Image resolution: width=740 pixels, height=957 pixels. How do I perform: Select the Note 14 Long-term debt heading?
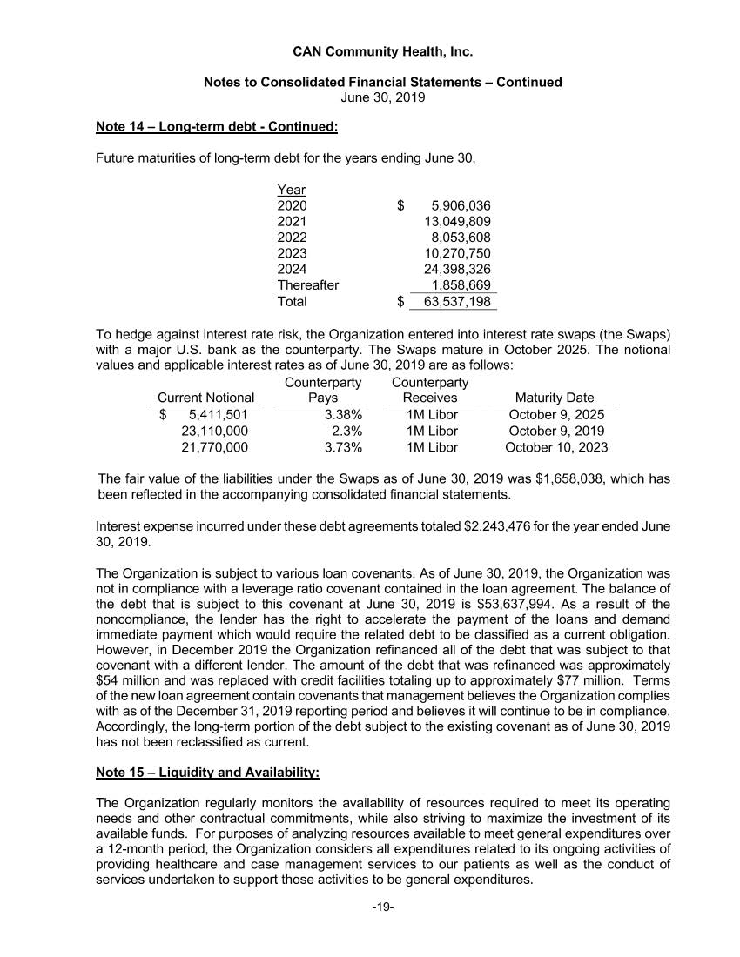point(217,127)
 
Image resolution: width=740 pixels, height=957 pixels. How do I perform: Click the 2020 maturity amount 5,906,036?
point(461,206)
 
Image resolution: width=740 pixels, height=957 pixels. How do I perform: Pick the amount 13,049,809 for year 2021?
point(456,222)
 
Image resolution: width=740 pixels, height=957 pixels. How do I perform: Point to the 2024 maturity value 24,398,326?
point(456,270)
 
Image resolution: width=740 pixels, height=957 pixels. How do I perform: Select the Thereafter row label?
point(308,285)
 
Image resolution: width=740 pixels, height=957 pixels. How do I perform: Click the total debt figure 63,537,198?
point(456,302)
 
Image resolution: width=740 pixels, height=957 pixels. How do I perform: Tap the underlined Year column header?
point(291,190)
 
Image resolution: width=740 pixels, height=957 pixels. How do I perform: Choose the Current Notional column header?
point(205,398)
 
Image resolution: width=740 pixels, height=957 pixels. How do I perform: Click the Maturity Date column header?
point(555,398)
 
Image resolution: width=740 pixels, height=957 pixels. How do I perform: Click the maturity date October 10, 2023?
point(556,447)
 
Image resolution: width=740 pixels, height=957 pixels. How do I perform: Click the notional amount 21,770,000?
point(214,447)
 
